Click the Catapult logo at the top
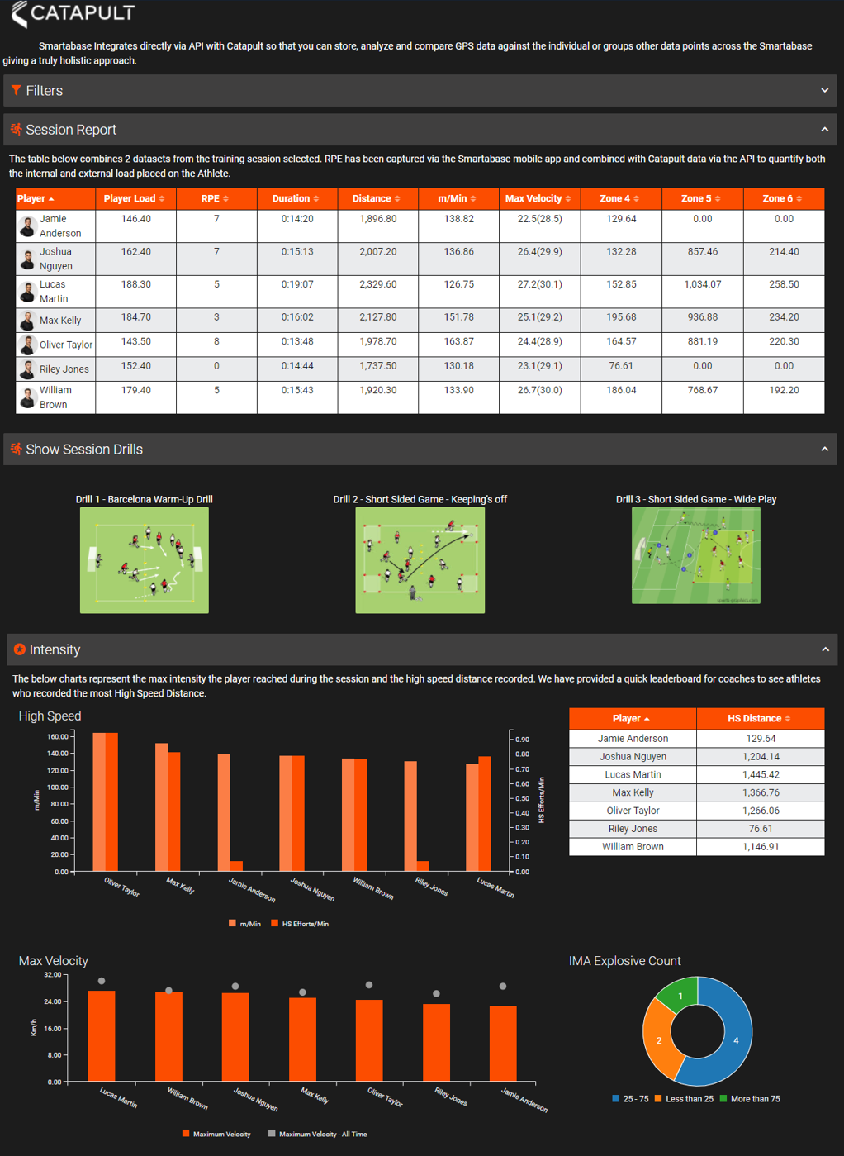73,13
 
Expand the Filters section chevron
824,90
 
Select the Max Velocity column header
538,199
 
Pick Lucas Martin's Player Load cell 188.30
136,284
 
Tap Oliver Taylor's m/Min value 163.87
458,341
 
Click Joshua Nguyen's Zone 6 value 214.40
783,252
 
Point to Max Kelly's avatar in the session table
27,321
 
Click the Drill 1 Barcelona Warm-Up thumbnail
145,560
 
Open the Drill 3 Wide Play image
695,555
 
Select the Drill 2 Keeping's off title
420,499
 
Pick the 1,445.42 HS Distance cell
760,775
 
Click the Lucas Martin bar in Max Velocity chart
102,1036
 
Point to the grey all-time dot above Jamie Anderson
503,987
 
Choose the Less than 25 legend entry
684,1099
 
